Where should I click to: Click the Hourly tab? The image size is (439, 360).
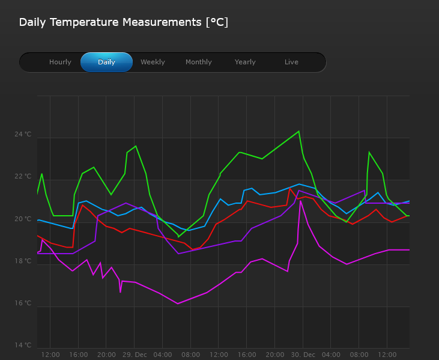[60, 62]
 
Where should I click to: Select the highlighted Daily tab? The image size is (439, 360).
[106, 62]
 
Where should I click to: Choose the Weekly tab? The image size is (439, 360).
[153, 62]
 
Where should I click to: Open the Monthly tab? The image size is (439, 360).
[199, 62]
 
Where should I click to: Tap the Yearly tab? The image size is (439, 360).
[245, 62]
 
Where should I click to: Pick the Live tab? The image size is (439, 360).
[291, 62]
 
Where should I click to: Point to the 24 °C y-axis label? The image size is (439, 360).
[23, 135]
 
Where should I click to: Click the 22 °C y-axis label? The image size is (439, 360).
[23, 177]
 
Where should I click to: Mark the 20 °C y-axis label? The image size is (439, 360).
[23, 219]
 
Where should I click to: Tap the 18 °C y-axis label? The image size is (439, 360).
[23, 261]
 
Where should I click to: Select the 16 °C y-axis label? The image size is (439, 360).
[23, 303]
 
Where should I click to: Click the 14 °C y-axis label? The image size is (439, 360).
[23, 345]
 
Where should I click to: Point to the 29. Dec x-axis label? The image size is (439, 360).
[135, 355]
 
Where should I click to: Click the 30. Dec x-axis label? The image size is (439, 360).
[303, 355]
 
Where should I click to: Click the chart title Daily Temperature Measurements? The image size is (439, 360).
[123, 22]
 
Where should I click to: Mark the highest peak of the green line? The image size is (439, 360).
[298, 131]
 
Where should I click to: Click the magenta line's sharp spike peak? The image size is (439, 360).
[301, 201]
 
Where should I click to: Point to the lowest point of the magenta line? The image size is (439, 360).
[178, 304]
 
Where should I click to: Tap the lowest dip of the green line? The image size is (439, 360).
[178, 237]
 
